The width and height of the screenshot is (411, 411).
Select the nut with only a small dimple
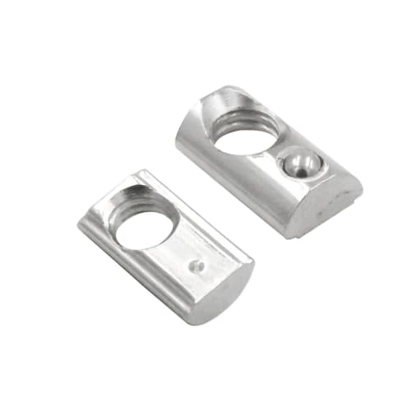click(164, 247)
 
